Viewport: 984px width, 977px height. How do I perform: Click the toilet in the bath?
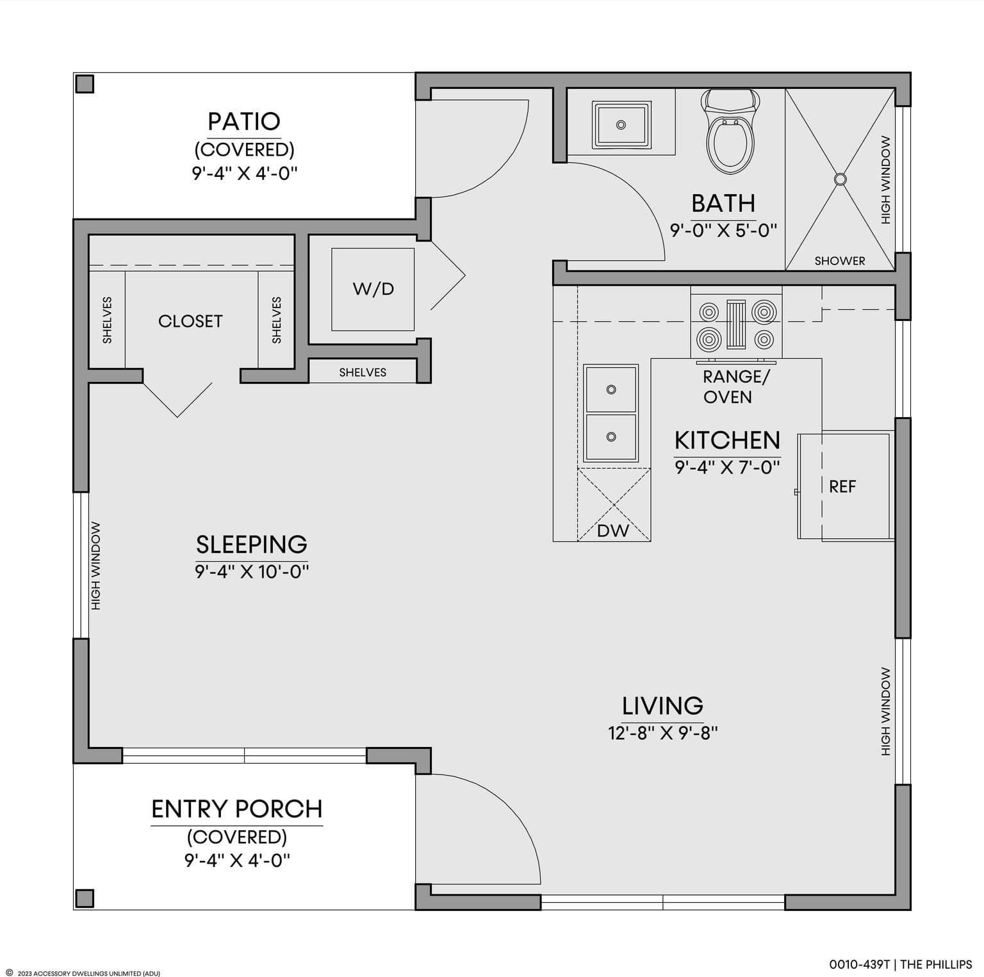tap(730, 131)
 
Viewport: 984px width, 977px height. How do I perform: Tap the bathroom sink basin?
tap(621, 125)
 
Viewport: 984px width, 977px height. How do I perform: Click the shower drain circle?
tap(840, 179)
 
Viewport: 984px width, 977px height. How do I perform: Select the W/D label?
tap(373, 289)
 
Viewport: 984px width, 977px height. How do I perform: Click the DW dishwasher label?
tap(613, 530)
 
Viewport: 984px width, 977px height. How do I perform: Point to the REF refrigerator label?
tap(842, 487)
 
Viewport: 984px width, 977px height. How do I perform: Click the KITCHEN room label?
tap(727, 441)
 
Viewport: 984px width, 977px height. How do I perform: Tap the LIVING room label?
tap(662, 706)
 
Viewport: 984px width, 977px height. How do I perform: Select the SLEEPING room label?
tap(252, 545)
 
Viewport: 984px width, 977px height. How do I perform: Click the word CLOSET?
tap(190, 321)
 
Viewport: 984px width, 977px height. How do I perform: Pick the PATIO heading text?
tap(244, 121)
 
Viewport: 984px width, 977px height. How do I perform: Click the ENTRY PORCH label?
tap(237, 809)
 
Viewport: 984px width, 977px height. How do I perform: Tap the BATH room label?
tap(723, 204)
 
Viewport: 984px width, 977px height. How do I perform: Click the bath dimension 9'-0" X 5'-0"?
tap(723, 230)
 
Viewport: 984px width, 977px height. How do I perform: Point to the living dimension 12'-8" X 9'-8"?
tap(663, 733)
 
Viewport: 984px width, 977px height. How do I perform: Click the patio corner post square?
tap(85, 84)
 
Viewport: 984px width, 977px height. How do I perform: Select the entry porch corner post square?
tap(85, 898)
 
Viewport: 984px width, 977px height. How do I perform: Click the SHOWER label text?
tap(840, 261)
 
